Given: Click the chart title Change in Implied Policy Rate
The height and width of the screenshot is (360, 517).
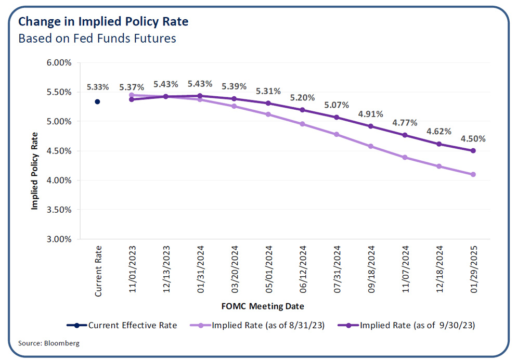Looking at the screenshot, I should (x=104, y=22).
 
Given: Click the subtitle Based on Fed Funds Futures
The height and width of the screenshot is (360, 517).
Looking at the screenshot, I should (x=97, y=38).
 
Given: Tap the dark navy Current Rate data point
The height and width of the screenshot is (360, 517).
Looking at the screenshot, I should (x=97, y=102).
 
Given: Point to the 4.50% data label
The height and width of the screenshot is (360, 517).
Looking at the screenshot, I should (x=473, y=139).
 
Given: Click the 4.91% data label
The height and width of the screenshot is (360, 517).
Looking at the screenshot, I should (x=370, y=114).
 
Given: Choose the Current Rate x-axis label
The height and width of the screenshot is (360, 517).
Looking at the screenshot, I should (x=98, y=272).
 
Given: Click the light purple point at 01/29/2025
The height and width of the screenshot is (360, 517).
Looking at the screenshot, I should (x=473, y=174).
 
